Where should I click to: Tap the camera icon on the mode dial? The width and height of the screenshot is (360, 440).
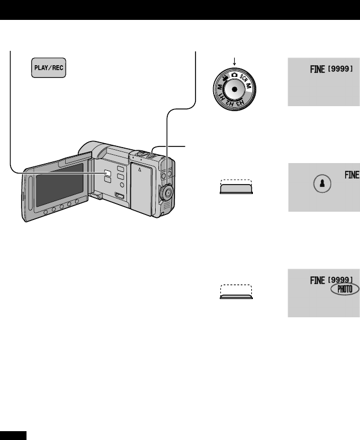[235, 74]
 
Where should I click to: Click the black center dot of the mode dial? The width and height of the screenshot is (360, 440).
[235, 88]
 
